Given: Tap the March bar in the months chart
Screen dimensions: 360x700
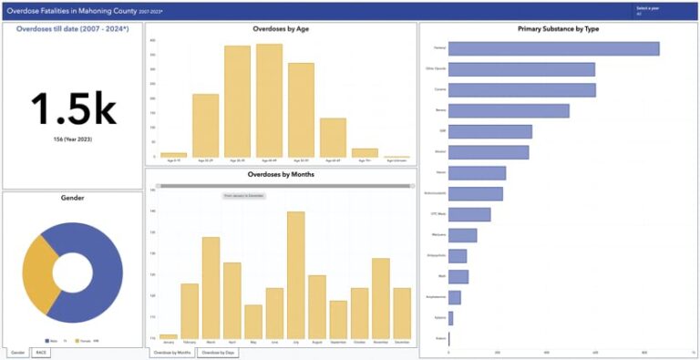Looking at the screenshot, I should click(x=211, y=288).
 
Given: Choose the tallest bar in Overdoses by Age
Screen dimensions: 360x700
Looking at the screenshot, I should click(x=269, y=100).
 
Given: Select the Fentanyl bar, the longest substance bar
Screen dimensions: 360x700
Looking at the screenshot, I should click(x=553, y=48).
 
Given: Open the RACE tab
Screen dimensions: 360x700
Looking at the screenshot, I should click(x=41, y=351).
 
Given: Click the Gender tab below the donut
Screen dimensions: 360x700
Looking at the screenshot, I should click(x=16, y=351).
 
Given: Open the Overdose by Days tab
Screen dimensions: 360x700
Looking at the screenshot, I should click(x=219, y=351).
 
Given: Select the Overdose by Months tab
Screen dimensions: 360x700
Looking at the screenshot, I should click(x=171, y=351).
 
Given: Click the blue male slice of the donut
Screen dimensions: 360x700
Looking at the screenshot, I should click(x=100, y=273).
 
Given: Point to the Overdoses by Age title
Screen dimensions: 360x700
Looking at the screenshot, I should click(x=280, y=29).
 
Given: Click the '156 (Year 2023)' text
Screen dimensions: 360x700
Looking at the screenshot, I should click(x=73, y=139).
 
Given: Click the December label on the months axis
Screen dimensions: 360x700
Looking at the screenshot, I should click(x=401, y=342).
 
